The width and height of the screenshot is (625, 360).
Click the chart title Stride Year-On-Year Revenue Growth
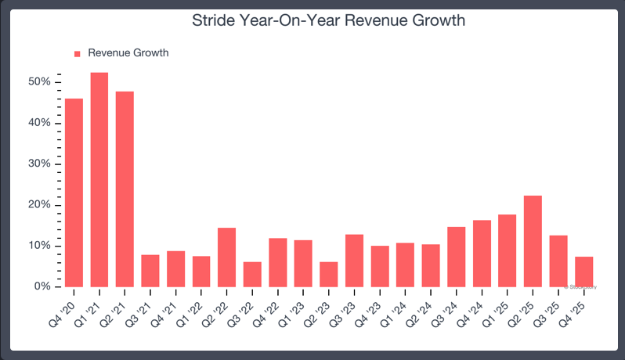click(329, 21)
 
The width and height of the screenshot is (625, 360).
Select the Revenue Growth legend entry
click(128, 53)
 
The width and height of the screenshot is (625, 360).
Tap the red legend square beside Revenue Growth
click(78, 54)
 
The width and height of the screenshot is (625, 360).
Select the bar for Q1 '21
click(99, 180)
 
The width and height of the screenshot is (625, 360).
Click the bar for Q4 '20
click(74, 193)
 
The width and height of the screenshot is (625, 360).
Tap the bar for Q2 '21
click(125, 189)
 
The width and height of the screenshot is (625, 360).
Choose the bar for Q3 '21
click(150, 271)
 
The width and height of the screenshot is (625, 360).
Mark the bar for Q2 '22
click(226, 257)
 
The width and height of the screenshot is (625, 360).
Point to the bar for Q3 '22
click(252, 275)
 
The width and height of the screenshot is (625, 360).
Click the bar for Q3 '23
click(354, 261)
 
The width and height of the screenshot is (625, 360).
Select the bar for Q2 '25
click(533, 241)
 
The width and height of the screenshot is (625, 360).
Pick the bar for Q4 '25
click(583, 272)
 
